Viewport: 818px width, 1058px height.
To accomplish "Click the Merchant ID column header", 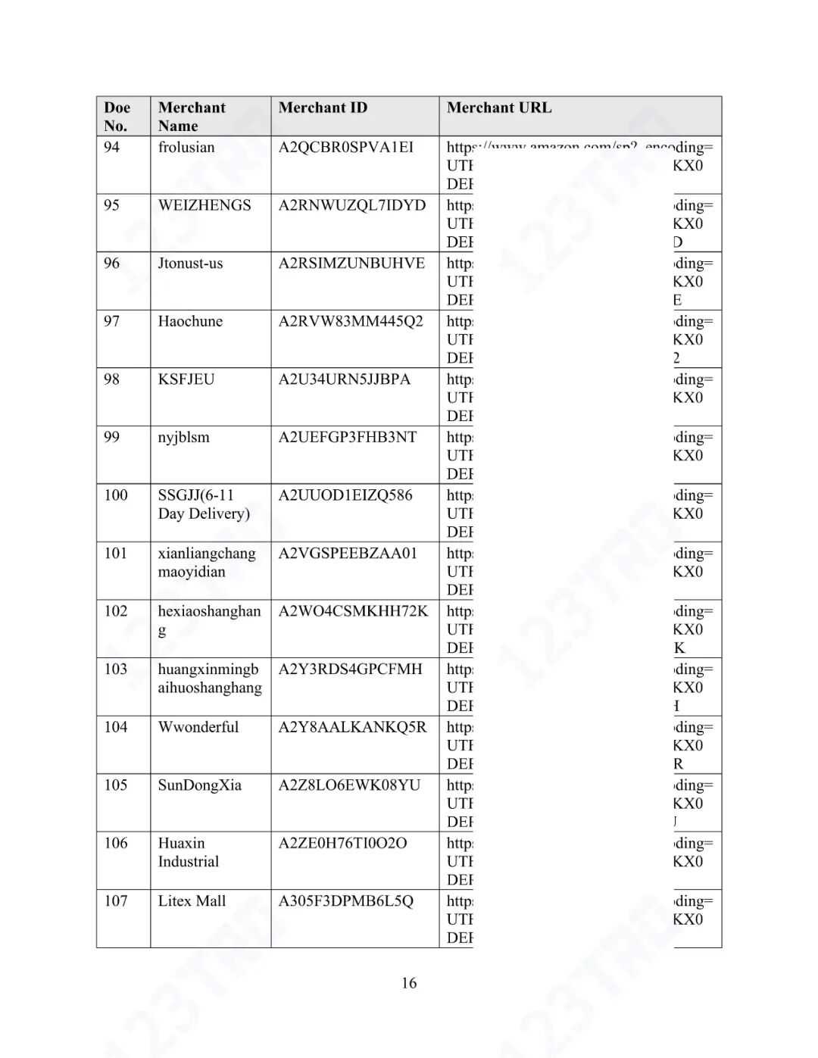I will [323, 108].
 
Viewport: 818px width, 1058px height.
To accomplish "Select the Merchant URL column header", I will [499, 108].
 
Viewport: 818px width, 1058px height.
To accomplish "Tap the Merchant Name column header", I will [192, 117].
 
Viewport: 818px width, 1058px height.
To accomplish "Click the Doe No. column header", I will [117, 117].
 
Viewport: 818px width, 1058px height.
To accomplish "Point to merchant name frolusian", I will [186, 147].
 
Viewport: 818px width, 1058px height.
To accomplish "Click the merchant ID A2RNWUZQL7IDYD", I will [352, 205].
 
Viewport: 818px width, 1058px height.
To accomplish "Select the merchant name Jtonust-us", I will [190, 264].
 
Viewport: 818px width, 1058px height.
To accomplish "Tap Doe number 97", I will [112, 321].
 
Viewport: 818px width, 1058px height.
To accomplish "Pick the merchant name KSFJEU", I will [186, 379].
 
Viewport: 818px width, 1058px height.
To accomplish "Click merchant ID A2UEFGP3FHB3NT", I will [348, 437].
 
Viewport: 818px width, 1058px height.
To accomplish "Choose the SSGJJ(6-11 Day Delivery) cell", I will [204, 504].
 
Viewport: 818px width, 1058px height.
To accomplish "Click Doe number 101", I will [116, 553].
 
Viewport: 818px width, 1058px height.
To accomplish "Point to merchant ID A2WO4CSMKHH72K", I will [353, 611].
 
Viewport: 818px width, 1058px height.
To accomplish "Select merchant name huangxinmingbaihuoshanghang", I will [210, 679].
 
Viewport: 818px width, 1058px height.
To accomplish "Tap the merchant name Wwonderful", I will [198, 727].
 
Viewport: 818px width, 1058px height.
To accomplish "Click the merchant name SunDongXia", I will [200, 785].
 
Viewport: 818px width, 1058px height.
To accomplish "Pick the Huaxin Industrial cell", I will [188, 852].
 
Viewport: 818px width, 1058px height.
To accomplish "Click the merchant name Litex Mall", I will [192, 901].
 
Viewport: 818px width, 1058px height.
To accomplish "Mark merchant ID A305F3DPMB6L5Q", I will [346, 901].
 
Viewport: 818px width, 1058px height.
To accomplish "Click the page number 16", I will [409, 983].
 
